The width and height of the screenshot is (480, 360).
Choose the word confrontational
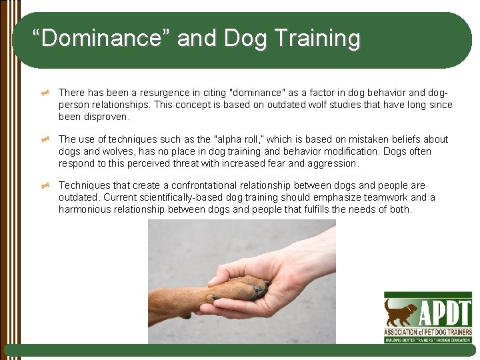point(203,185)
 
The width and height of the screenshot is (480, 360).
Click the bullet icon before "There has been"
point(46,93)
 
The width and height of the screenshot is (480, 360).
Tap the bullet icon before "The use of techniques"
point(46,140)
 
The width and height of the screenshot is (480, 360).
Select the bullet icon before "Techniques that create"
point(46,186)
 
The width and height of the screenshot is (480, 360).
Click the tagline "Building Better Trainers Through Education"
point(428,339)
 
